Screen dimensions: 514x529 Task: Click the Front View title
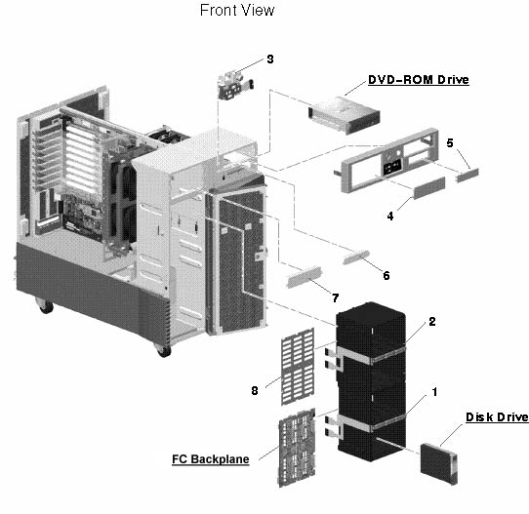click(237, 11)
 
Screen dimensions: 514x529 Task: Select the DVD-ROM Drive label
click(418, 80)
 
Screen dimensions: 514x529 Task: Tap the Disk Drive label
click(496, 417)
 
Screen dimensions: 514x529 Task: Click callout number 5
click(450, 142)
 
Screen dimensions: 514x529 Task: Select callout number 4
click(390, 217)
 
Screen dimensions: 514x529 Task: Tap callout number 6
click(386, 276)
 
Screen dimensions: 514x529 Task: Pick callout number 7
click(337, 296)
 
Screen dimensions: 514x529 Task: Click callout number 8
click(257, 390)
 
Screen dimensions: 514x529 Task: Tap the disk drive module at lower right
click(446, 459)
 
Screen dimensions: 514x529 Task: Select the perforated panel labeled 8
click(294, 371)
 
